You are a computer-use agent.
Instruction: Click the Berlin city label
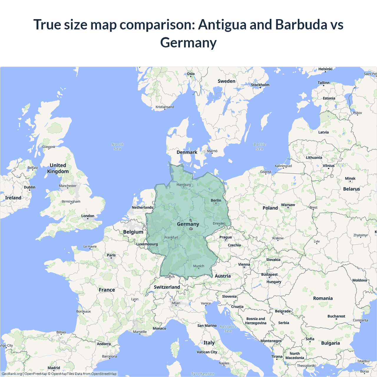point(216,200)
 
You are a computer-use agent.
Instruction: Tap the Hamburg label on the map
point(184,185)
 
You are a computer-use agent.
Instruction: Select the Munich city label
point(199,266)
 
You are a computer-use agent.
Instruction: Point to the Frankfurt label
point(171,237)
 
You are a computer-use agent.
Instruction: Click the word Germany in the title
point(188,42)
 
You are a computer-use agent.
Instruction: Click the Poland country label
point(270,208)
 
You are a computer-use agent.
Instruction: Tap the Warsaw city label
point(288,205)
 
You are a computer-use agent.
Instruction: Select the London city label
point(88,216)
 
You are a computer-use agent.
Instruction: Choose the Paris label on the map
point(111,255)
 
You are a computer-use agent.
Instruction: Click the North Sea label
point(118,147)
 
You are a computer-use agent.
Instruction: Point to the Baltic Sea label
point(260,147)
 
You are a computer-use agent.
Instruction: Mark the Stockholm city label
point(260,85)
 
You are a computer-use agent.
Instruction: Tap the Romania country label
point(323,298)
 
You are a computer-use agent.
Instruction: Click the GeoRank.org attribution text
point(12,374)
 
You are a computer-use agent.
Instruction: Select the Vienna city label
point(244,264)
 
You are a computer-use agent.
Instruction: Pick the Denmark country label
point(187,152)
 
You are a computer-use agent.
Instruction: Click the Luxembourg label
point(147,244)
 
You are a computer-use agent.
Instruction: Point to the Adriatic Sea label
point(228,329)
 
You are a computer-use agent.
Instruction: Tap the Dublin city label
point(29,187)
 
